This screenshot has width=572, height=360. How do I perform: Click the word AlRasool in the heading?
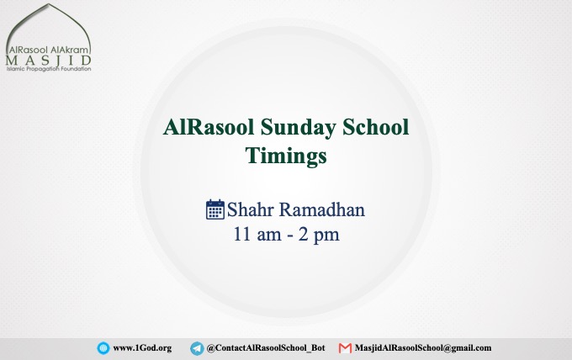[x=209, y=127]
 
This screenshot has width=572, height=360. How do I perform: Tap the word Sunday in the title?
[x=299, y=129]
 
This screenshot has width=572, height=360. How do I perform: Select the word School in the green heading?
[x=376, y=127]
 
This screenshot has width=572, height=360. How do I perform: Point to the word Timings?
[x=286, y=156]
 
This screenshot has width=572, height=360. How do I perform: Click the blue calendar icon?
[x=215, y=209]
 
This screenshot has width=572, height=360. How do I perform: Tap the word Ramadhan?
[x=322, y=209]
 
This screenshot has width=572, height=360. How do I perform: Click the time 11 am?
[x=257, y=234]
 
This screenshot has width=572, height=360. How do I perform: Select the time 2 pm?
[x=319, y=235]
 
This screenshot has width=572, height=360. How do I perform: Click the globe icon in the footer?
[x=103, y=348]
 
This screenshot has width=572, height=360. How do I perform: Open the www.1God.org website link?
[x=142, y=348]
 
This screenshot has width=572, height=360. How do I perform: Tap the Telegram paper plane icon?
[x=197, y=348]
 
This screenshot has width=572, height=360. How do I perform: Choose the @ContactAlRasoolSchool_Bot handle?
[x=266, y=348]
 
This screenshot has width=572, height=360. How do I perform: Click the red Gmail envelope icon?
[x=345, y=348]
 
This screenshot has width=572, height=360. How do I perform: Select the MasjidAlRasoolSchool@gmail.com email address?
[x=423, y=348]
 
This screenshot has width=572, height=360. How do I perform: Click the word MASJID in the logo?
[x=48, y=61]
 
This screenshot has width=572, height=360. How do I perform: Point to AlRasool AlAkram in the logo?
[x=48, y=50]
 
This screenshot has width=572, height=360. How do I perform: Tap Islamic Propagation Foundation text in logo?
[x=49, y=69]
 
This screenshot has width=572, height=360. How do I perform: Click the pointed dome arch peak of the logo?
[x=49, y=4]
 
